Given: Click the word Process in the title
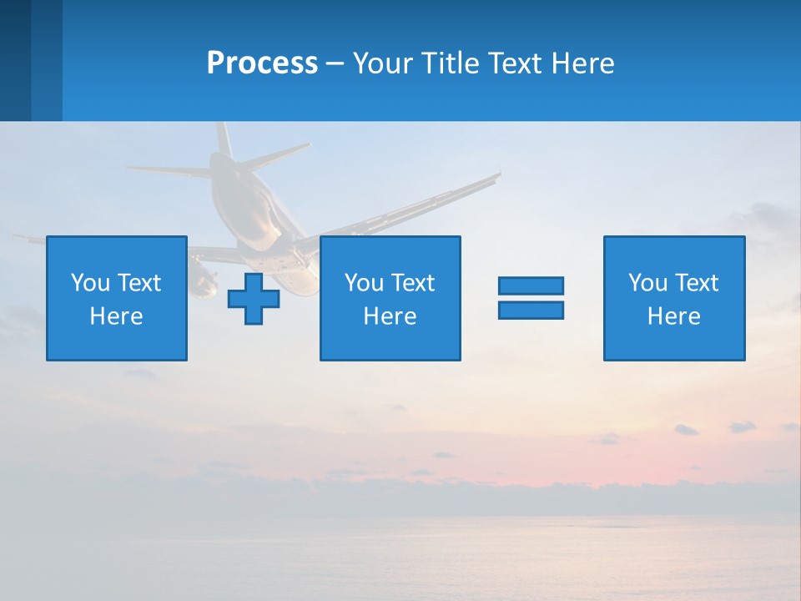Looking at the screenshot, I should tap(262, 63).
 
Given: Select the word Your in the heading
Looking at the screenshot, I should tap(383, 63).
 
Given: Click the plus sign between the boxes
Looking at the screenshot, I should tap(254, 299).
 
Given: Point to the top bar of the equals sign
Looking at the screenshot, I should tap(531, 285).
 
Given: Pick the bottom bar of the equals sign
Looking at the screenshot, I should tap(531, 310).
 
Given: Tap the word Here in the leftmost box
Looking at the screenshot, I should tap(116, 316).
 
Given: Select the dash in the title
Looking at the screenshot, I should tap(335, 63).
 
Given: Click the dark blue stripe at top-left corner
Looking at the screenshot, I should tap(15, 60).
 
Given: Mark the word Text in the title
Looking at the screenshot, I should tap(513, 63).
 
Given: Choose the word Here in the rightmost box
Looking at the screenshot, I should tap(673, 316).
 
